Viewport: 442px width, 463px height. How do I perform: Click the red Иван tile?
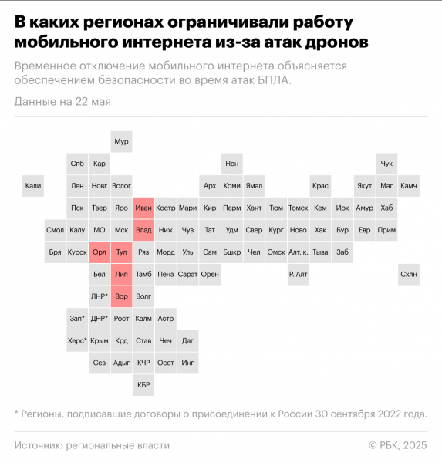tap(143, 208)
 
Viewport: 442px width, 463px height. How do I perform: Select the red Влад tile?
tap(143, 230)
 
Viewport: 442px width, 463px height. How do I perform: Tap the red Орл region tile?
tap(99, 252)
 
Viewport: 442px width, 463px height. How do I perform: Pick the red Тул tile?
tap(121, 252)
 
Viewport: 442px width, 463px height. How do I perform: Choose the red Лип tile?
tap(121, 274)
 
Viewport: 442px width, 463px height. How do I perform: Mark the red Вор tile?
tap(121, 296)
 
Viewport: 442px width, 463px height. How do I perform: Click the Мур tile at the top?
tap(121, 141)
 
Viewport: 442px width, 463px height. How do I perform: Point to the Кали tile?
tap(33, 185)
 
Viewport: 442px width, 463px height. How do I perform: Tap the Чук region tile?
tap(387, 164)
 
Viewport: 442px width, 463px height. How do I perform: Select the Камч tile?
tap(409, 185)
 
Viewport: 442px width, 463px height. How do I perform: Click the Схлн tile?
tap(409, 274)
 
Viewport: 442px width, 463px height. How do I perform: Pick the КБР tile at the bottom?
tap(143, 384)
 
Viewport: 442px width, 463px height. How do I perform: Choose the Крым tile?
tap(99, 340)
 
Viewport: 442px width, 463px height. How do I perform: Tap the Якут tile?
tap(365, 185)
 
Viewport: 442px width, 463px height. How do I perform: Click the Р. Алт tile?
tap(299, 274)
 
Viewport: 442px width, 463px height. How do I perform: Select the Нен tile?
tap(232, 164)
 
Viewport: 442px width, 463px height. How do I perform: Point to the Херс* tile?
tap(77, 340)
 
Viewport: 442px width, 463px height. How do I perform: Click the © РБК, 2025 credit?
tap(397, 445)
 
